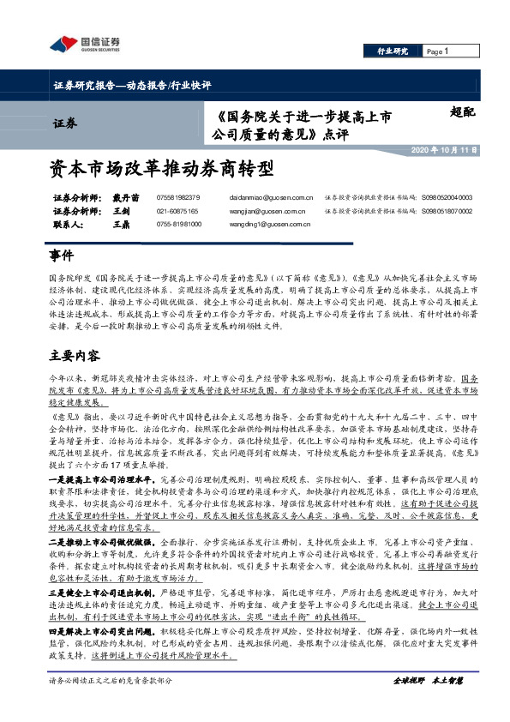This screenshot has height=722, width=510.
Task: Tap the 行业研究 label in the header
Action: [393, 52]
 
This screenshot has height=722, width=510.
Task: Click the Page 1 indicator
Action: [438, 52]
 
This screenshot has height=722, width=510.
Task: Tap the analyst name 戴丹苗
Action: [125, 197]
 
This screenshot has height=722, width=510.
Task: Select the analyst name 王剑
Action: [121, 210]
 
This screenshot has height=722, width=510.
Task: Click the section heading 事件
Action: [62, 256]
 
